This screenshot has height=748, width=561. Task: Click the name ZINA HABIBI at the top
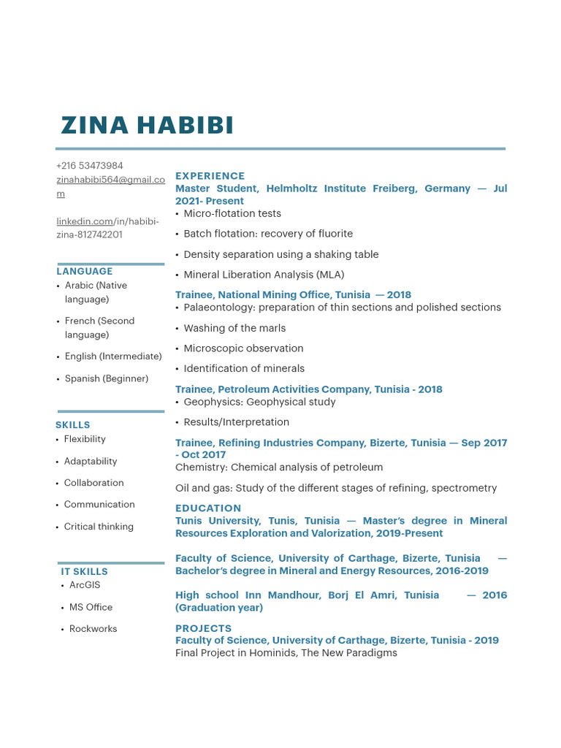pyautogui.click(x=147, y=125)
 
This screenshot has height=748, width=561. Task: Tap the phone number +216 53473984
pyautogui.click(x=89, y=166)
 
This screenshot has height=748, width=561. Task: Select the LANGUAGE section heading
pyautogui.click(x=85, y=271)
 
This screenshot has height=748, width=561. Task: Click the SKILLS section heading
pyautogui.click(x=73, y=424)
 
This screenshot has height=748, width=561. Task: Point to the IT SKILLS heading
pyautogui.click(x=84, y=571)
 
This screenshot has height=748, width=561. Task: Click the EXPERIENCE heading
pyautogui.click(x=210, y=176)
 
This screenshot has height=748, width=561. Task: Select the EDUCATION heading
pyautogui.click(x=208, y=508)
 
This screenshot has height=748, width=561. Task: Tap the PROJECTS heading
pyautogui.click(x=203, y=628)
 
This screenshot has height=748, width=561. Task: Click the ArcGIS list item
pyautogui.click(x=85, y=585)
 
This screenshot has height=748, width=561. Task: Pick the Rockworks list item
pyautogui.click(x=93, y=629)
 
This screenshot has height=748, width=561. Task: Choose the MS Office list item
pyautogui.click(x=91, y=607)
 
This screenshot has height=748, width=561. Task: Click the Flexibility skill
pyautogui.click(x=85, y=439)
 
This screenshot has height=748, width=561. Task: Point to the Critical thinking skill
pyautogui.click(x=99, y=527)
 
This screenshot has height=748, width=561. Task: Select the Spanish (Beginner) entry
pyautogui.click(x=106, y=378)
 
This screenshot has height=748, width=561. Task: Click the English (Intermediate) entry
pyautogui.click(x=113, y=356)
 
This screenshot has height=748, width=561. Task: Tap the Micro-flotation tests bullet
pyautogui.click(x=232, y=213)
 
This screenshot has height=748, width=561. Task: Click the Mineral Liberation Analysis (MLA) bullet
pyautogui.click(x=264, y=275)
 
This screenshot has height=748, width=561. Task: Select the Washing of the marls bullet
pyautogui.click(x=234, y=328)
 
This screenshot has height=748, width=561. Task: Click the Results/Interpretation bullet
pyautogui.click(x=236, y=422)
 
